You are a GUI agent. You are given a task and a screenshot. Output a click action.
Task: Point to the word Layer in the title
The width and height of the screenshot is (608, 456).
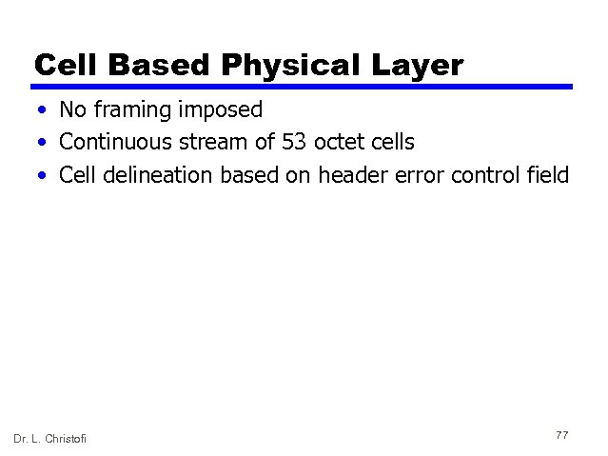tap(414, 65)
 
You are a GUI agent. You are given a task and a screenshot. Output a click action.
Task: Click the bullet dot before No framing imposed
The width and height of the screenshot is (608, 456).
tap(44, 111)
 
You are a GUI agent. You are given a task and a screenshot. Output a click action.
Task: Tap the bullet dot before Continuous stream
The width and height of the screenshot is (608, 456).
tap(44, 144)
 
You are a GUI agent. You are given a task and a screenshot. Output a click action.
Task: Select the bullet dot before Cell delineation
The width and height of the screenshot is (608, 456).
tap(44, 176)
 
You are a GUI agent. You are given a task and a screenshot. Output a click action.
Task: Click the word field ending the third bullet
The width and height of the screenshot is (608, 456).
tap(548, 175)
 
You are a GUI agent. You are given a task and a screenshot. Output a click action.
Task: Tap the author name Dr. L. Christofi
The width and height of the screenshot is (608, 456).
tap(49, 437)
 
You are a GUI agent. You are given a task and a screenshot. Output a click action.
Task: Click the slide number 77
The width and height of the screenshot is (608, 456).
tap(561, 435)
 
